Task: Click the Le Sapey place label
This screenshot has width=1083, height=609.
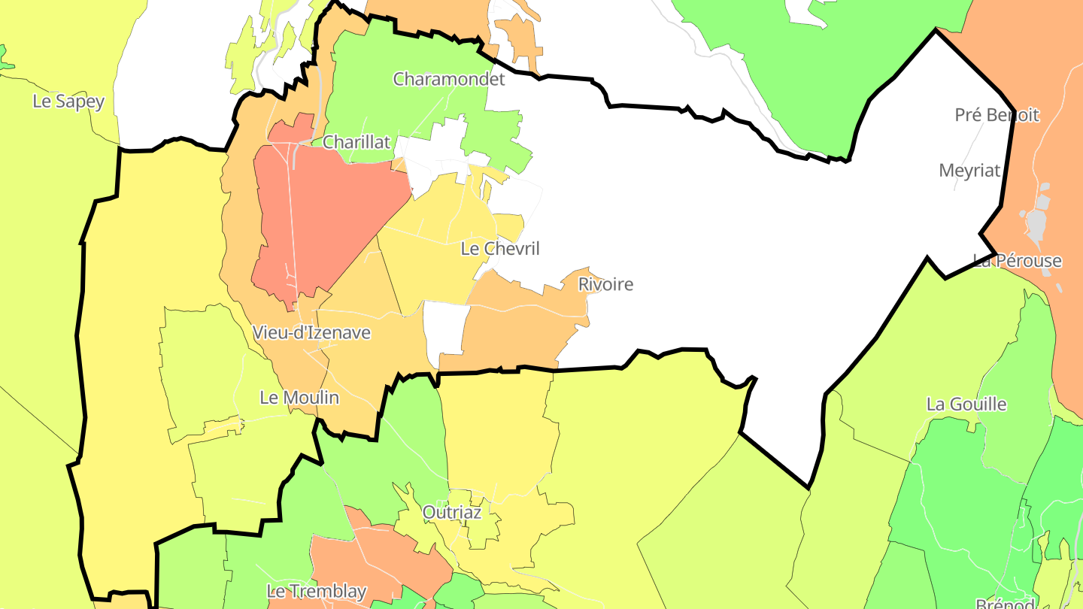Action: click(68, 101)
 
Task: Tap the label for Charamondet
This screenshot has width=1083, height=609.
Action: click(449, 78)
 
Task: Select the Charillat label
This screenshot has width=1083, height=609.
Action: click(356, 141)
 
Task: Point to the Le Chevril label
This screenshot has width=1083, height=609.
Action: click(500, 248)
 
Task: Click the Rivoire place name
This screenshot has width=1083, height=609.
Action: click(605, 284)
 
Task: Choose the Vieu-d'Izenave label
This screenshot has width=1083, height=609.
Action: click(311, 332)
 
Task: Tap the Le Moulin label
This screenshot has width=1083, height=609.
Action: click(299, 398)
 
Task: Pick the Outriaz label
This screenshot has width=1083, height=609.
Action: click(451, 512)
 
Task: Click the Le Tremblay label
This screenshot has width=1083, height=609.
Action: click(317, 591)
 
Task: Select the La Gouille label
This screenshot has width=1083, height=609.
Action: click(966, 404)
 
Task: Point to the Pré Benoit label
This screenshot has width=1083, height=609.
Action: click(997, 115)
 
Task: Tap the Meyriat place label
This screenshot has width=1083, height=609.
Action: click(969, 171)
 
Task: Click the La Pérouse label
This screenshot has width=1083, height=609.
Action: click(1017, 261)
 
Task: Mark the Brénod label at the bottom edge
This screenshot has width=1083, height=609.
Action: click(1004, 604)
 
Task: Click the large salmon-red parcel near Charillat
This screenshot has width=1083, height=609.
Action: click(323, 218)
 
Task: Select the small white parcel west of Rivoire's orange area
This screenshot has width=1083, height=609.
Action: click(446, 327)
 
